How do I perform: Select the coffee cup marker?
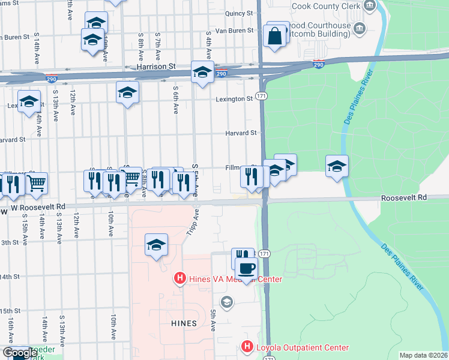point(246,269)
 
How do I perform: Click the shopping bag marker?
point(274,36)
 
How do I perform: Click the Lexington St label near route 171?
point(235,98)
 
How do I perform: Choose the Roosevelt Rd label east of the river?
point(404,197)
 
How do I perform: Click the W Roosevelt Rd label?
point(38,206)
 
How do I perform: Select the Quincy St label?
point(237,13)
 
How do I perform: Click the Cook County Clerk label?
point(325,6)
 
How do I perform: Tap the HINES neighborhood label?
point(184,323)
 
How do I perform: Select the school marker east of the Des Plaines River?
point(337,166)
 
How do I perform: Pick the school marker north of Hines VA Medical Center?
point(156,245)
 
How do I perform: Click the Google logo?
point(20,353)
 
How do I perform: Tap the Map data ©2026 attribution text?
point(424,355)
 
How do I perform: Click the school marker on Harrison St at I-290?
point(202,73)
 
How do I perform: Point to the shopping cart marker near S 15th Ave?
point(37,184)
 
